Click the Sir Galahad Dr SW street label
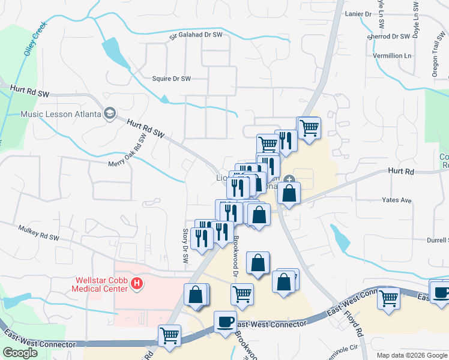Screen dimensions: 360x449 click(x=196, y=35)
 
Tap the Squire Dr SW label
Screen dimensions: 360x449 click(x=171, y=79)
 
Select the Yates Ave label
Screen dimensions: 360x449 click(x=397, y=200)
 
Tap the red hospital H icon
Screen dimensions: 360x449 click(x=137, y=283)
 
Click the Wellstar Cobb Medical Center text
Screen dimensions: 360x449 click(x=101, y=284)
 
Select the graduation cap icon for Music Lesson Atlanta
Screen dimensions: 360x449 click(x=110, y=113)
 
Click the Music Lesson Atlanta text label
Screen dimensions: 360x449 click(x=59, y=114)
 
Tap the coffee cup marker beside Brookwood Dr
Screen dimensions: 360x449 click(x=225, y=321)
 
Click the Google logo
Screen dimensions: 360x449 click(x=20, y=353)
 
